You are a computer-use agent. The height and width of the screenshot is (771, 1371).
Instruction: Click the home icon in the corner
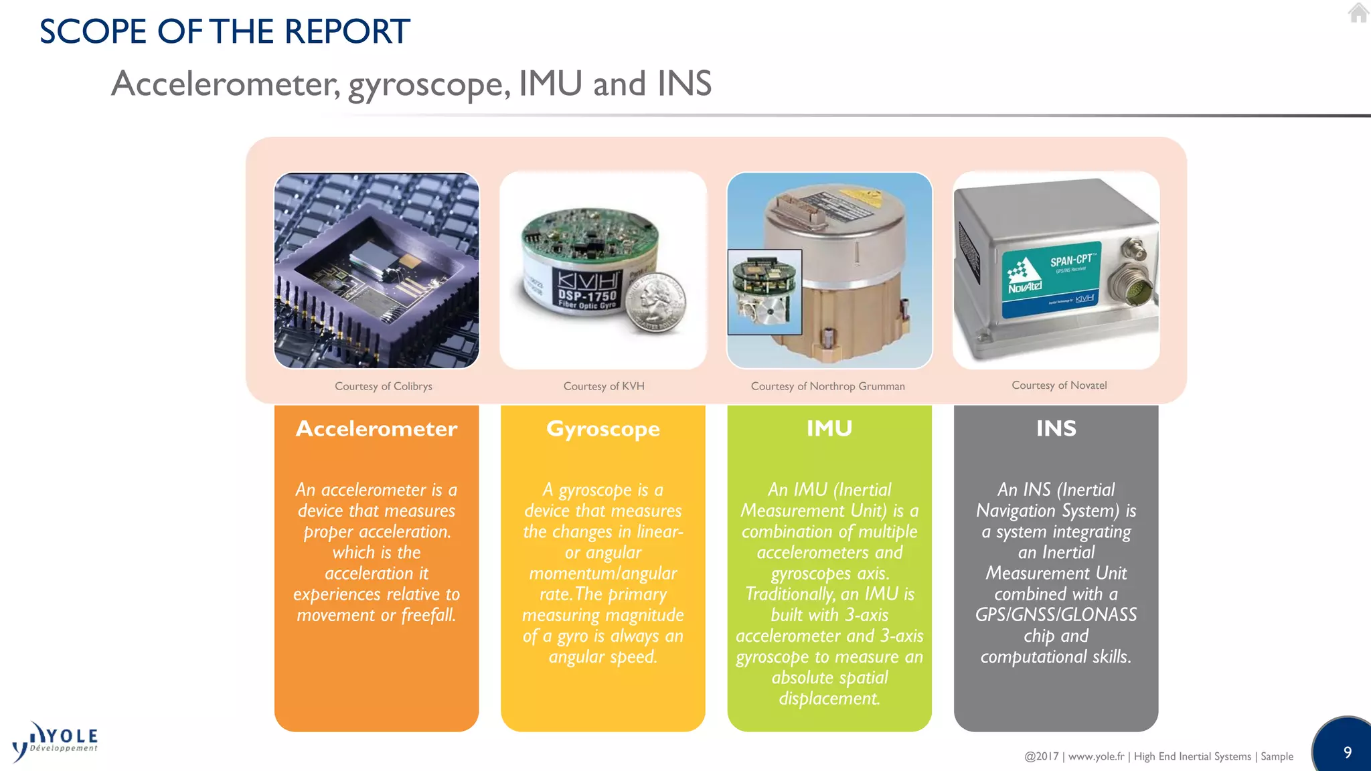click(x=1358, y=13)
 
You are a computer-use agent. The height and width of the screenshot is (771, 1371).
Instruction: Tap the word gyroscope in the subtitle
click(x=425, y=84)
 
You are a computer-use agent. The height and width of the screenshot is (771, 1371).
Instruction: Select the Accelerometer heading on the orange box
click(x=376, y=428)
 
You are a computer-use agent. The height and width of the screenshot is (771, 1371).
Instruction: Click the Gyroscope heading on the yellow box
click(x=602, y=428)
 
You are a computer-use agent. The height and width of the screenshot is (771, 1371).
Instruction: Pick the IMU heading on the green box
click(x=829, y=428)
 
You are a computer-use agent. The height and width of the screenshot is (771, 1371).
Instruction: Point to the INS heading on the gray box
click(x=1056, y=428)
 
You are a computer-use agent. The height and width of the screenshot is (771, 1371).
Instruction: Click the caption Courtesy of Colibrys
click(x=383, y=386)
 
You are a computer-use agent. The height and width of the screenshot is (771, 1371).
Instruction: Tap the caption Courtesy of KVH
click(x=603, y=386)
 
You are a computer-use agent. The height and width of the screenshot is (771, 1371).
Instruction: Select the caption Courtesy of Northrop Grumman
click(x=827, y=386)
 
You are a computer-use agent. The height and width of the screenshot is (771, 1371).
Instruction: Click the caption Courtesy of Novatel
click(x=1058, y=385)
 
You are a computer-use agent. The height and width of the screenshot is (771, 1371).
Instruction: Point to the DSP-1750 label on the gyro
click(x=587, y=296)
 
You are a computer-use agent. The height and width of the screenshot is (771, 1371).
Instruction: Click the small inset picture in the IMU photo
click(x=764, y=292)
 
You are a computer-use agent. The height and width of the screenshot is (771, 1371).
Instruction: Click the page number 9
click(x=1347, y=752)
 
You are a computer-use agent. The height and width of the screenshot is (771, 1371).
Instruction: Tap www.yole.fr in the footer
click(x=1096, y=756)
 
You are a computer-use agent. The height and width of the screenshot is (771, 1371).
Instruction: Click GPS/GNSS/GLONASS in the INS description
click(x=1056, y=614)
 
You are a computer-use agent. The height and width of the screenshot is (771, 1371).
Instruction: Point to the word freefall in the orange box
click(x=428, y=615)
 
